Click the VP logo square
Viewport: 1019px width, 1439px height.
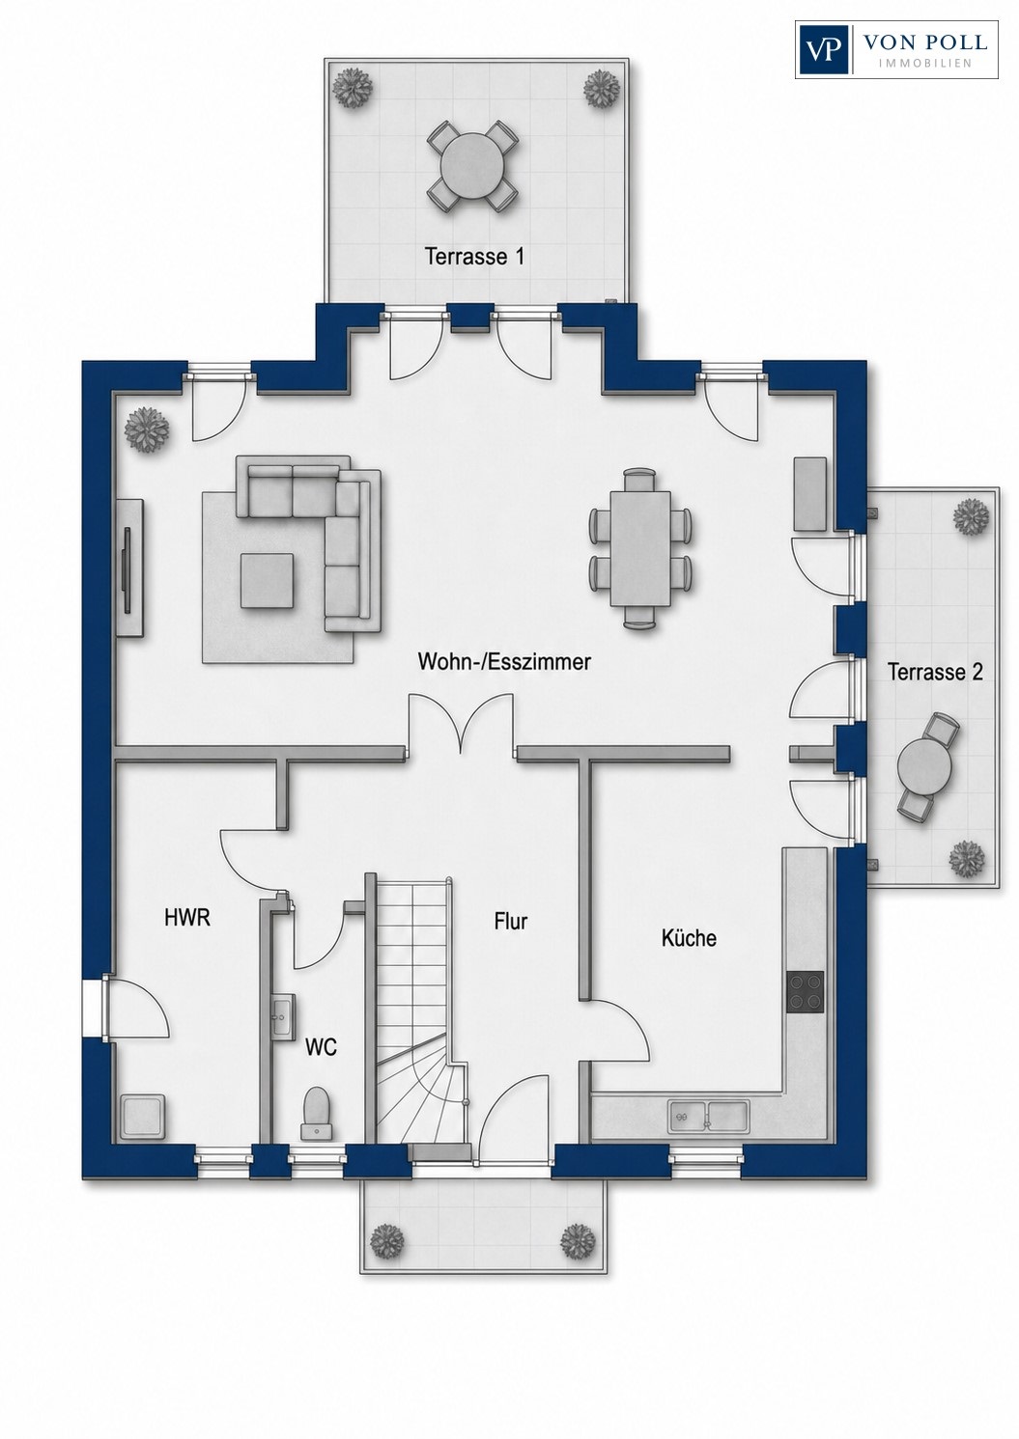pos(823,50)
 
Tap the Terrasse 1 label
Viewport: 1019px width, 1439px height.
pos(474,257)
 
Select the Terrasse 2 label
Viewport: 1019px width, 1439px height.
pos(935,672)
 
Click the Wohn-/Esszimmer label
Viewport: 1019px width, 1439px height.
pos(505,662)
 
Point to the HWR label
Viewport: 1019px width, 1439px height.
pos(187,918)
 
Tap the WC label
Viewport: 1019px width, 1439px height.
pos(321,1048)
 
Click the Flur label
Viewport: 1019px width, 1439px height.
pos(511,922)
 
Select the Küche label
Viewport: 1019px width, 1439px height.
pos(690,938)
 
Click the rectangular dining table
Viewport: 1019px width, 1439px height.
pos(641,548)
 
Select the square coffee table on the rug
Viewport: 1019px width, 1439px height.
pos(268,581)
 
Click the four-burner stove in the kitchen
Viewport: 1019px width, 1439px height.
pos(806,992)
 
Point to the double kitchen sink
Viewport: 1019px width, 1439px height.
pos(709,1119)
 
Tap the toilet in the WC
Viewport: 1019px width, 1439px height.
pos(316,1121)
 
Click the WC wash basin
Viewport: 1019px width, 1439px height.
pos(283,1016)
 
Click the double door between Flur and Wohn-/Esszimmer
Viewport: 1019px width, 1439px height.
pos(461,723)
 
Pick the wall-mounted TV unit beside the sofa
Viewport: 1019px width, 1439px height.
pos(129,567)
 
